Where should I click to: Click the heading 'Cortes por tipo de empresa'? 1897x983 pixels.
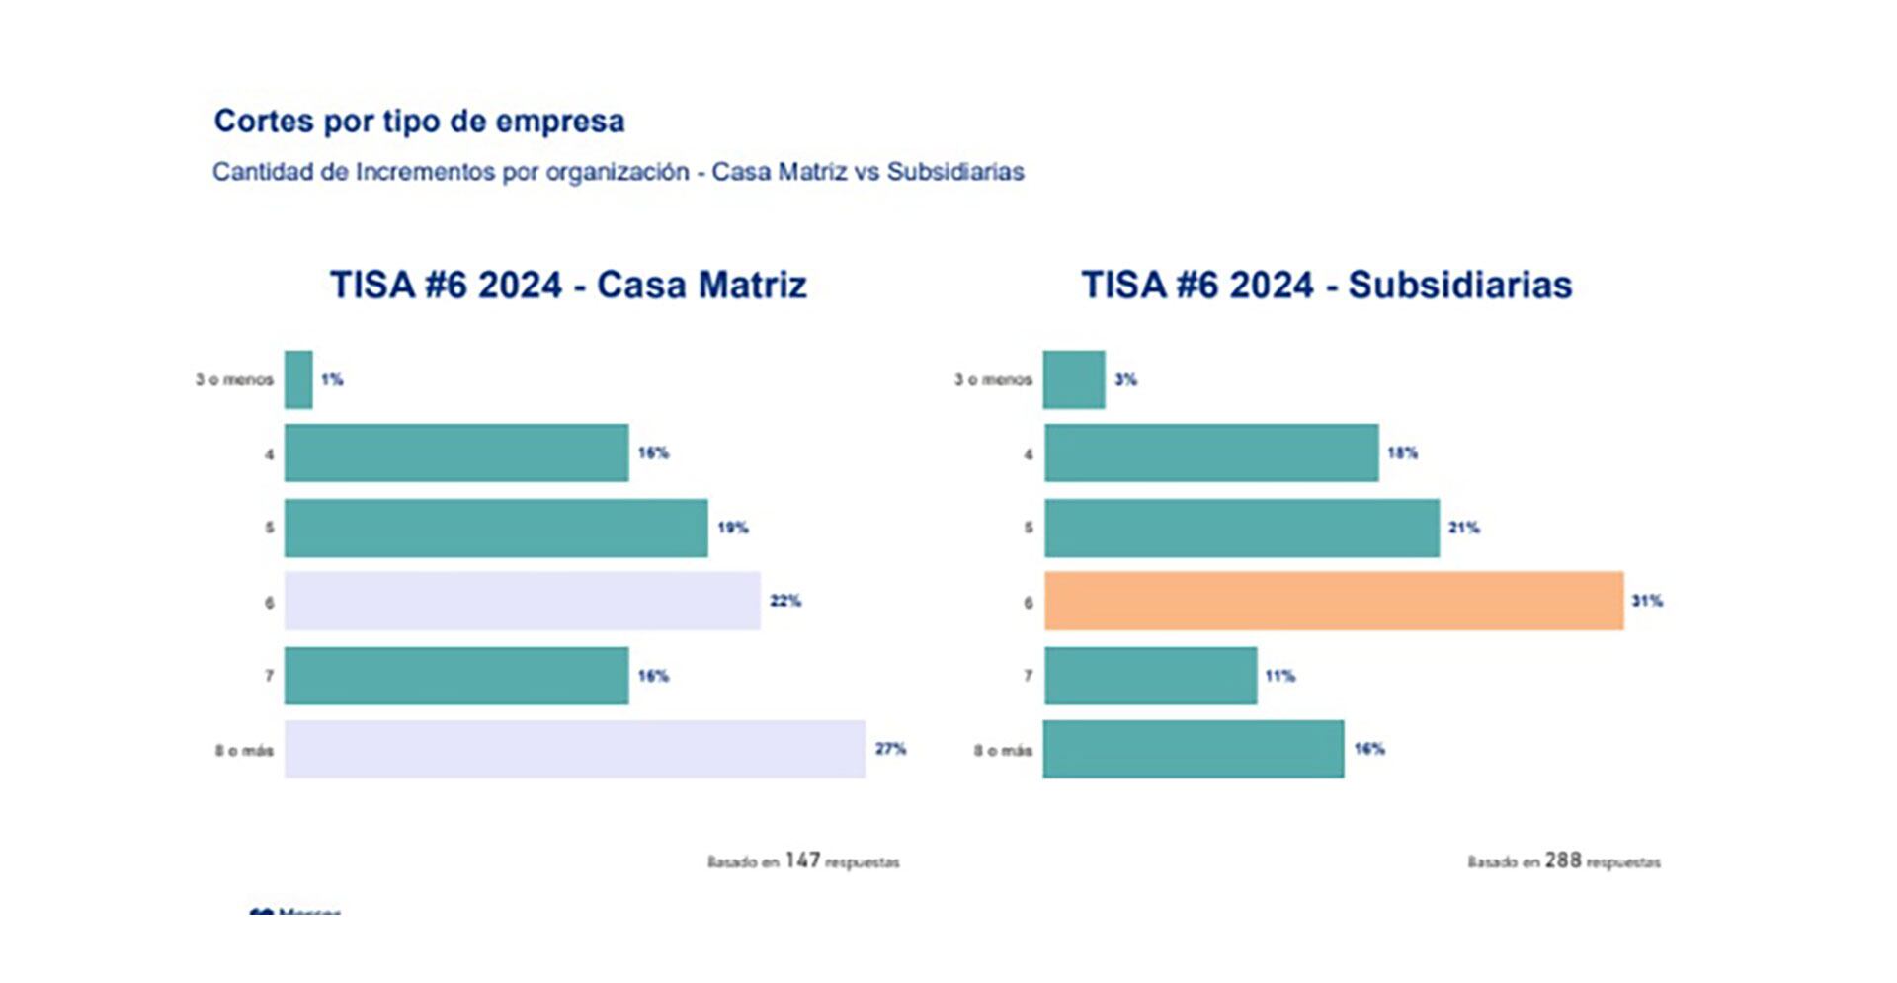[x=419, y=122]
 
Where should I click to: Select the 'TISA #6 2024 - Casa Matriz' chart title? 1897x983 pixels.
[x=568, y=285]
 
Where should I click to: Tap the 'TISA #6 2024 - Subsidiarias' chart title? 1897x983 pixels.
[x=1326, y=285]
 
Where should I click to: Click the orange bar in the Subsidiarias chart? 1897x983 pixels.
[x=1334, y=601]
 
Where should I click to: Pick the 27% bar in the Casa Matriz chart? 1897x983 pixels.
[x=575, y=749]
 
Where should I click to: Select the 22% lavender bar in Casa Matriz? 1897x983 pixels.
[x=523, y=601]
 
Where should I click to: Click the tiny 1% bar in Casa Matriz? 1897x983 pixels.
[x=298, y=379]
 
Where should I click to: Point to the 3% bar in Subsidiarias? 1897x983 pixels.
[x=1074, y=379]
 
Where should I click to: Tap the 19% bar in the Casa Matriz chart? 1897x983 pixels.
[x=496, y=528]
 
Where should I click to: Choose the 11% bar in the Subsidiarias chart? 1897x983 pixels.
[x=1151, y=676]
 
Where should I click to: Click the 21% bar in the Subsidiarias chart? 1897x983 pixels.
[x=1242, y=528]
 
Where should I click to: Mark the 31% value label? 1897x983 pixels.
[x=1647, y=601]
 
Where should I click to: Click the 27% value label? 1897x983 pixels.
[x=890, y=749]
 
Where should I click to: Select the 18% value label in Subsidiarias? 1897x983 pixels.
[x=1402, y=453]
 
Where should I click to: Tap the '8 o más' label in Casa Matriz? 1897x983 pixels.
[x=244, y=751]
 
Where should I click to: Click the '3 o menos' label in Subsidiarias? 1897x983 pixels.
[x=993, y=379]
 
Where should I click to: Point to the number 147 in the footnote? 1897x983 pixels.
[x=802, y=860]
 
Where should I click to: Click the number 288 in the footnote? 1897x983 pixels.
[x=1563, y=860]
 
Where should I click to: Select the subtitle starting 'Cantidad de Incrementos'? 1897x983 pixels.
[x=619, y=172]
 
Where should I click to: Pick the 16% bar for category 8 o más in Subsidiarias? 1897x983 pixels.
[x=1194, y=749]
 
